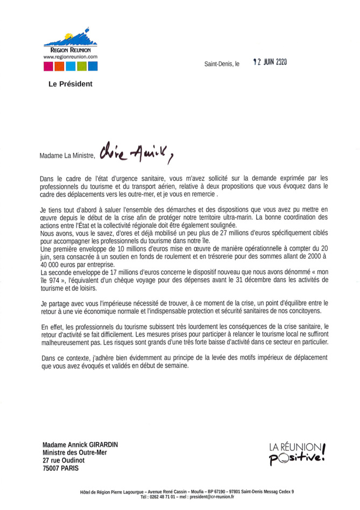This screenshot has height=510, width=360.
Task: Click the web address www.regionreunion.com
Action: pos(70,56)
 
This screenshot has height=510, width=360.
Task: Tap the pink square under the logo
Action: pos(47,67)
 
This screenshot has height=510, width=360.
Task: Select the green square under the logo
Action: pos(81,67)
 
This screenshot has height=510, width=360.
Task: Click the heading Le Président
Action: pos(70,84)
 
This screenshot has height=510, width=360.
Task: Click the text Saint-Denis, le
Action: pos(222,63)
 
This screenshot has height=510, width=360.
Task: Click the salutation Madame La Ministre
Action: pos(67,157)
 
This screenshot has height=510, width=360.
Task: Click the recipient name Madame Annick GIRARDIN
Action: pos(81,445)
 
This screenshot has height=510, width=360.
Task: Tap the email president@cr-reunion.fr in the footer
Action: pos(207,497)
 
